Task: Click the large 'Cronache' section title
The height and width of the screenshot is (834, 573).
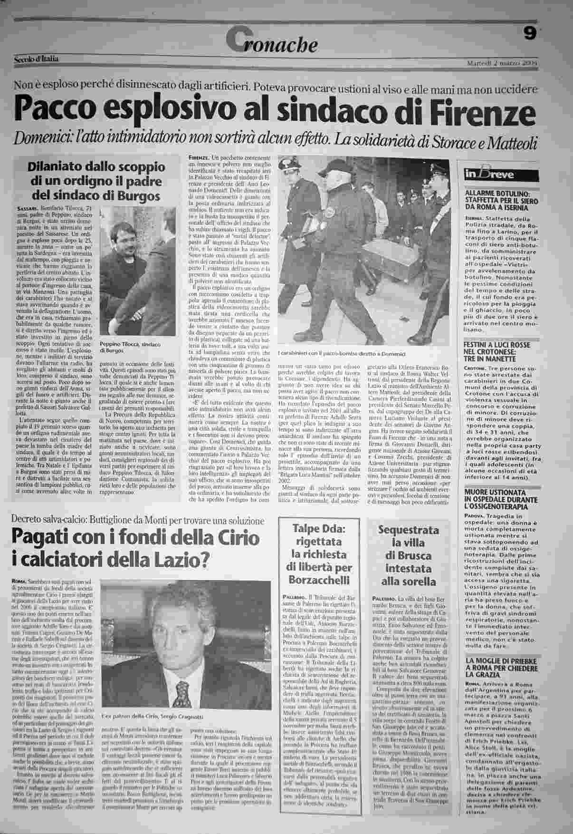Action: click(272, 42)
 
